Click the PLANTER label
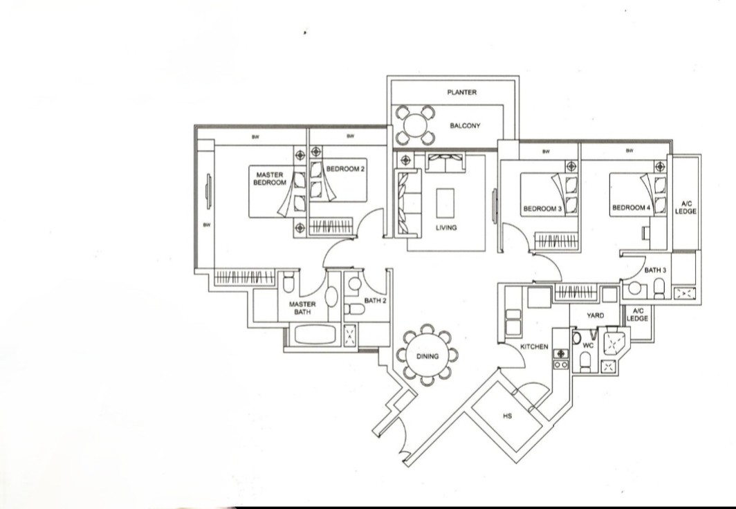coord(461,93)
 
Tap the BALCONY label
coord(465,126)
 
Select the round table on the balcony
coord(415,125)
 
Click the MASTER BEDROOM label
coord(270,178)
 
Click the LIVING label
coord(446,228)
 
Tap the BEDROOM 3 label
coord(543,208)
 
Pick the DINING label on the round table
coord(427,356)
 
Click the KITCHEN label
coord(534,346)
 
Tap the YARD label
coord(595,315)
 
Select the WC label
coord(588,344)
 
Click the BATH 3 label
coord(655,270)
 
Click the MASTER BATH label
coord(302,308)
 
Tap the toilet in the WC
coord(585,360)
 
